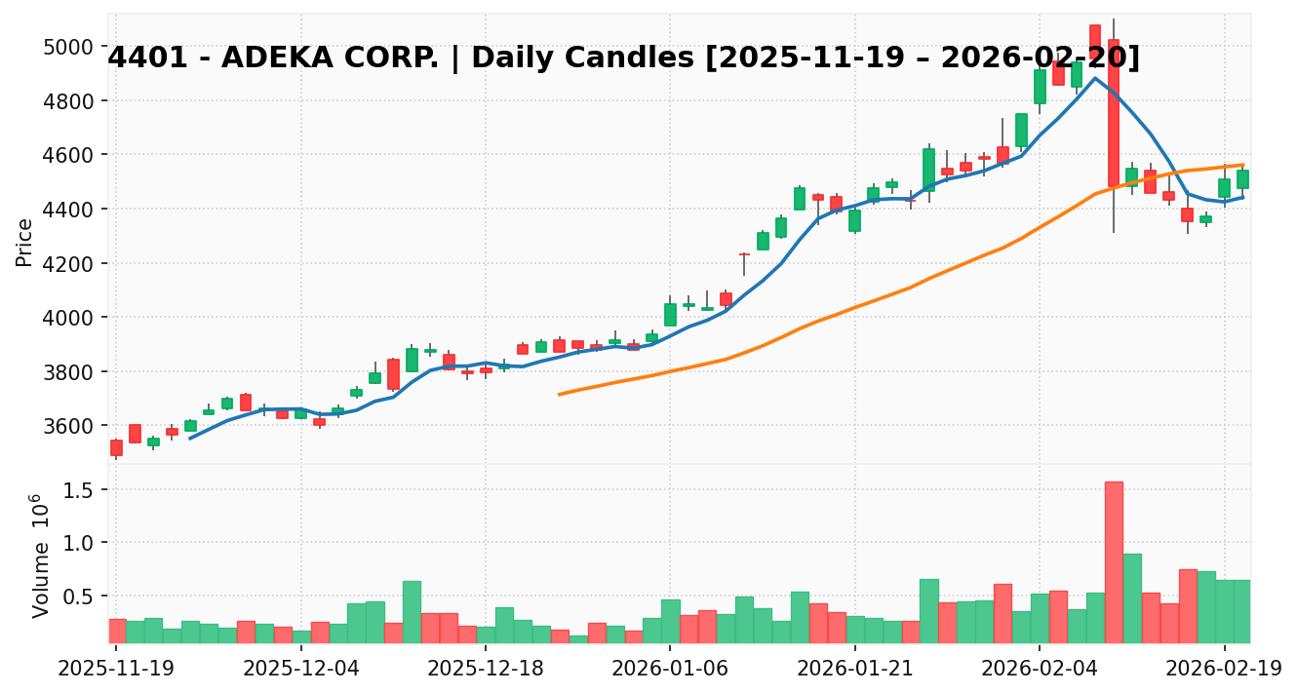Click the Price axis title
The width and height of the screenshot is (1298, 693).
tap(25, 242)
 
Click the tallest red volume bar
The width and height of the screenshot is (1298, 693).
tap(1114, 562)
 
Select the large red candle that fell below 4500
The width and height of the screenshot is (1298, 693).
tap(1114, 113)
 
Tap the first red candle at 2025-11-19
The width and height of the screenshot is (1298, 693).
tap(116, 448)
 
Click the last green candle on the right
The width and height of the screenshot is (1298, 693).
tap(1242, 179)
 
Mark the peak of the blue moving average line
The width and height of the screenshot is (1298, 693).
tap(1094, 78)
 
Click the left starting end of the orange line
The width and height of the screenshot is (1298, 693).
tap(559, 394)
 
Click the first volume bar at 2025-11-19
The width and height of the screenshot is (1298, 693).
tap(116, 631)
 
